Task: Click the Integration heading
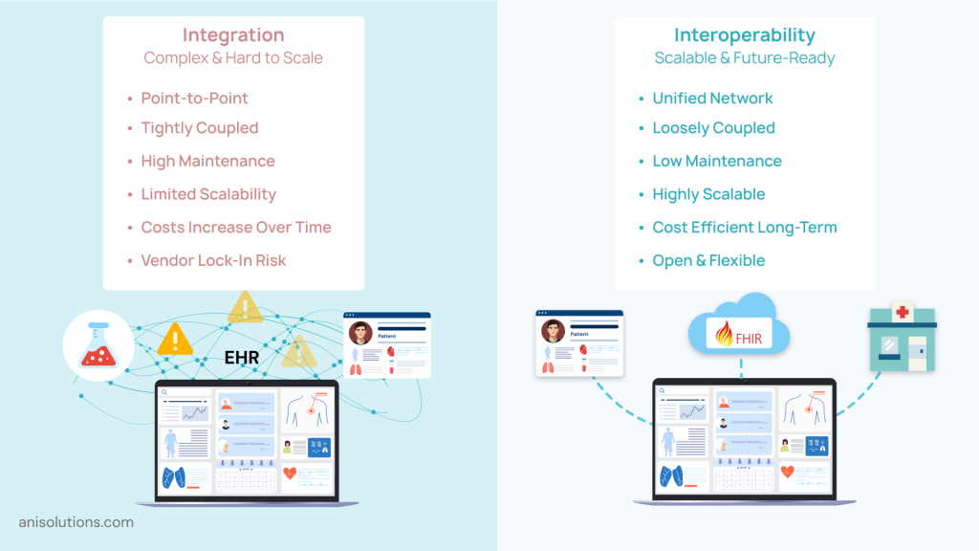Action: [233, 35]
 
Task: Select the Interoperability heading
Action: [744, 35]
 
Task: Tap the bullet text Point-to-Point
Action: [194, 98]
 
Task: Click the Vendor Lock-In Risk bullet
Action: [213, 260]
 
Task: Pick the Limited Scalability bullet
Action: [208, 194]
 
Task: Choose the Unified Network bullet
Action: [712, 98]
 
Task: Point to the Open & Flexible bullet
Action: [708, 260]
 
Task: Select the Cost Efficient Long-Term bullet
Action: [744, 228]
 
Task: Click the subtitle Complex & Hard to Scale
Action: [233, 58]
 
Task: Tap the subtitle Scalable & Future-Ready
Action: [744, 58]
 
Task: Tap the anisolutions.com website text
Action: [76, 522]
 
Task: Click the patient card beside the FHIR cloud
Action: [579, 342]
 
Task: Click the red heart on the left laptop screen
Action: [290, 474]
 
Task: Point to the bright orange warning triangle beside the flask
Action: [175, 339]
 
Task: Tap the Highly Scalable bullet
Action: [708, 194]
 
